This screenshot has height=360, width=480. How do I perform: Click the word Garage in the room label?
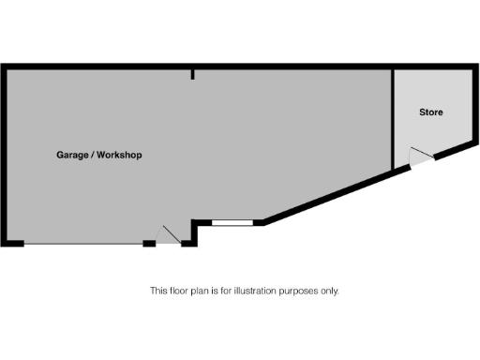tap(73, 155)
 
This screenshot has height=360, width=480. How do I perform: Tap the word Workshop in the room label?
tap(120, 155)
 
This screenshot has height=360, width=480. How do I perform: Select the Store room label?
tap(430, 112)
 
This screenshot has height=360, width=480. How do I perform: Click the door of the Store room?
tap(421, 159)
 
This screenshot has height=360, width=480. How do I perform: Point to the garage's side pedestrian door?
tap(169, 235)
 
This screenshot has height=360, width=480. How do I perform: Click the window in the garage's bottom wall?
tap(232, 222)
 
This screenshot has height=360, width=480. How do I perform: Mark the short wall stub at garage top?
tap(192, 73)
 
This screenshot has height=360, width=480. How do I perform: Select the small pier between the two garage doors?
tap(149, 244)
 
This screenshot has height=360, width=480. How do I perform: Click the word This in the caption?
tap(158, 291)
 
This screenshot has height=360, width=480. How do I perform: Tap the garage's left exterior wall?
tap(4, 155)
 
